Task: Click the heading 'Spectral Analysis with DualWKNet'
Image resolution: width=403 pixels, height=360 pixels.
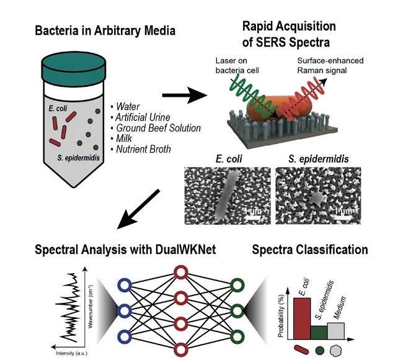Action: click(122, 250)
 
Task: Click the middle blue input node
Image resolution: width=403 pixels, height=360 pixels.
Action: click(122, 310)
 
